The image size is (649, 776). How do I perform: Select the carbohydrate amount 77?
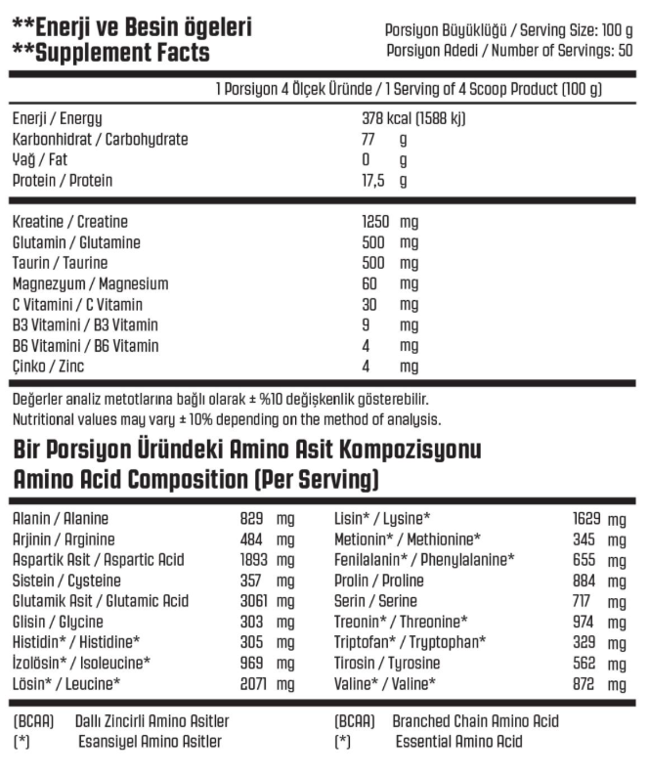[x=368, y=140]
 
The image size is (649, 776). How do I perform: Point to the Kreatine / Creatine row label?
[x=70, y=223]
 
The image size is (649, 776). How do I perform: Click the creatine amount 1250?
[x=376, y=223]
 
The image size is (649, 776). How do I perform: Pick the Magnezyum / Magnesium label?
[x=91, y=284]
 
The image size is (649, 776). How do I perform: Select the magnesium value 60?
[x=369, y=284]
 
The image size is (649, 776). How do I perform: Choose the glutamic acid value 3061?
[x=252, y=601]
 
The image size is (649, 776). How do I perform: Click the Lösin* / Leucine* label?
[x=66, y=684]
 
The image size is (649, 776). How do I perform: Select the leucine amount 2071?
[x=252, y=684]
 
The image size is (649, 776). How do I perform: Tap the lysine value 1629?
[x=585, y=519]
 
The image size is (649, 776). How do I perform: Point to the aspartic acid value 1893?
[x=252, y=560]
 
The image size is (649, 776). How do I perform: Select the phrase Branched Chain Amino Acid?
[x=475, y=721]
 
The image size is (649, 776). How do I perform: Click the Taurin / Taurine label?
[x=61, y=264]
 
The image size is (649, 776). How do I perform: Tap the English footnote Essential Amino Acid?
[x=458, y=742]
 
